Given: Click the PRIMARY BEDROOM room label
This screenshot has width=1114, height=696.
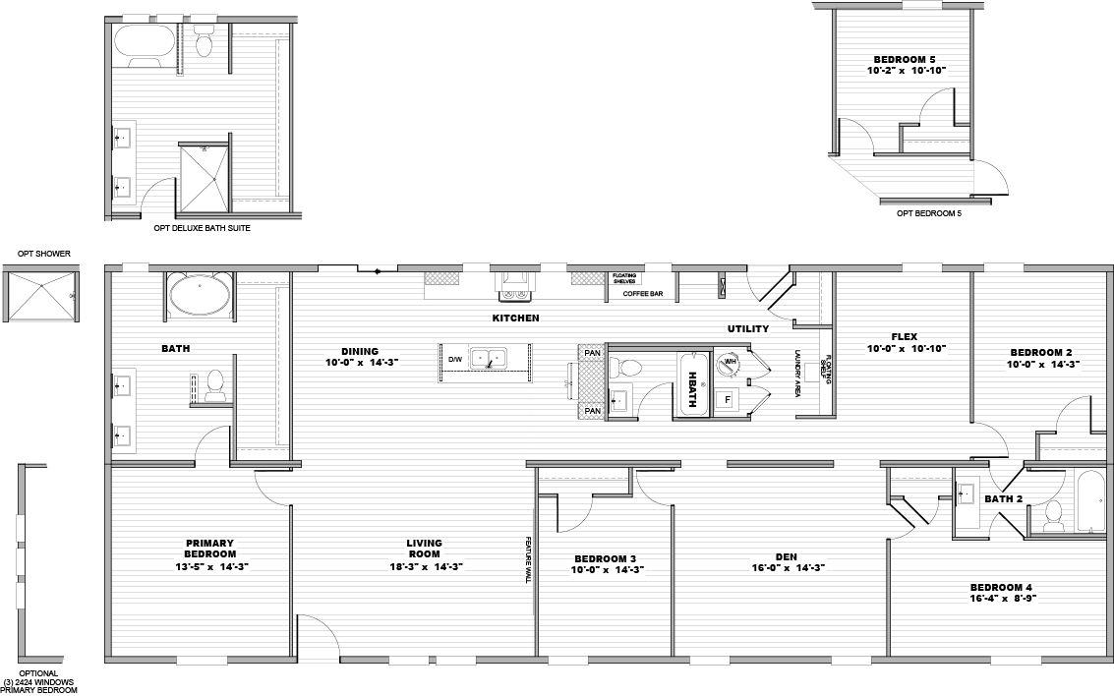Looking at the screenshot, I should coord(208,548).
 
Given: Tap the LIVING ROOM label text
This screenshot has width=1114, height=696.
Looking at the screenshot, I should coord(424,548).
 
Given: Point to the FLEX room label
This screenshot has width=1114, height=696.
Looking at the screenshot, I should coord(904,336).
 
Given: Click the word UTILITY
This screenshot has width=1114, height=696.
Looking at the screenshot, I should coord(747,328).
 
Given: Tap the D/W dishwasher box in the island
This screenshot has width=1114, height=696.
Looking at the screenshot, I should coord(455,360).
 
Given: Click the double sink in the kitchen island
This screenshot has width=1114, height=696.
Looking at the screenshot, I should coord(489,359).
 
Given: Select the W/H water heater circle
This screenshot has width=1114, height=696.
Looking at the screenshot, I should coord(730,362).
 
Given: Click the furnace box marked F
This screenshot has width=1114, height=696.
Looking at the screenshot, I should coord(728,400).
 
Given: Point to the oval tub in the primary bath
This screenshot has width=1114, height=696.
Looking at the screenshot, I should coord(200,295).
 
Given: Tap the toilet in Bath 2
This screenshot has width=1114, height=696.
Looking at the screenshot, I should coord(1055,512).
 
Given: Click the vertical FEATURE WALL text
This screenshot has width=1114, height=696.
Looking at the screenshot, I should coord(528,560).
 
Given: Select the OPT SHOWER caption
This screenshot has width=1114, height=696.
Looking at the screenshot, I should coord(43,254).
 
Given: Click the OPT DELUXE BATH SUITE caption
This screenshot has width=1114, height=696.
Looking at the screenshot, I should coord(202,228).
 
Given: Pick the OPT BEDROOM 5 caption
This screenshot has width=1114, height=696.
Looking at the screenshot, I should coord(928,212).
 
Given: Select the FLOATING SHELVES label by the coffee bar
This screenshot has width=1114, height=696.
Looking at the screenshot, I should coord(623,278).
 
